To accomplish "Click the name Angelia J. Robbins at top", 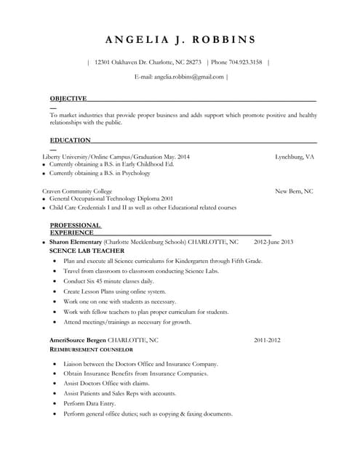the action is [x=180, y=39].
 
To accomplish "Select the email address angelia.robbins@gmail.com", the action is [x=188, y=76].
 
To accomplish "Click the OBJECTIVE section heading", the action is [x=68, y=98].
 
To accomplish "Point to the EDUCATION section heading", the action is [x=70, y=140].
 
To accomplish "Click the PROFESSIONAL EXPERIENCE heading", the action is [x=75, y=229].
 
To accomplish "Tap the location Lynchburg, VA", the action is [x=295, y=156].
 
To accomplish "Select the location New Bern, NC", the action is [x=294, y=191].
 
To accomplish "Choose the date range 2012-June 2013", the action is [x=273, y=241].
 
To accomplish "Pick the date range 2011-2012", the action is [x=267, y=340].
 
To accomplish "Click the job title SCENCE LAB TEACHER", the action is [x=87, y=251].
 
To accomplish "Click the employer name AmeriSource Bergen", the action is [x=78, y=340].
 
